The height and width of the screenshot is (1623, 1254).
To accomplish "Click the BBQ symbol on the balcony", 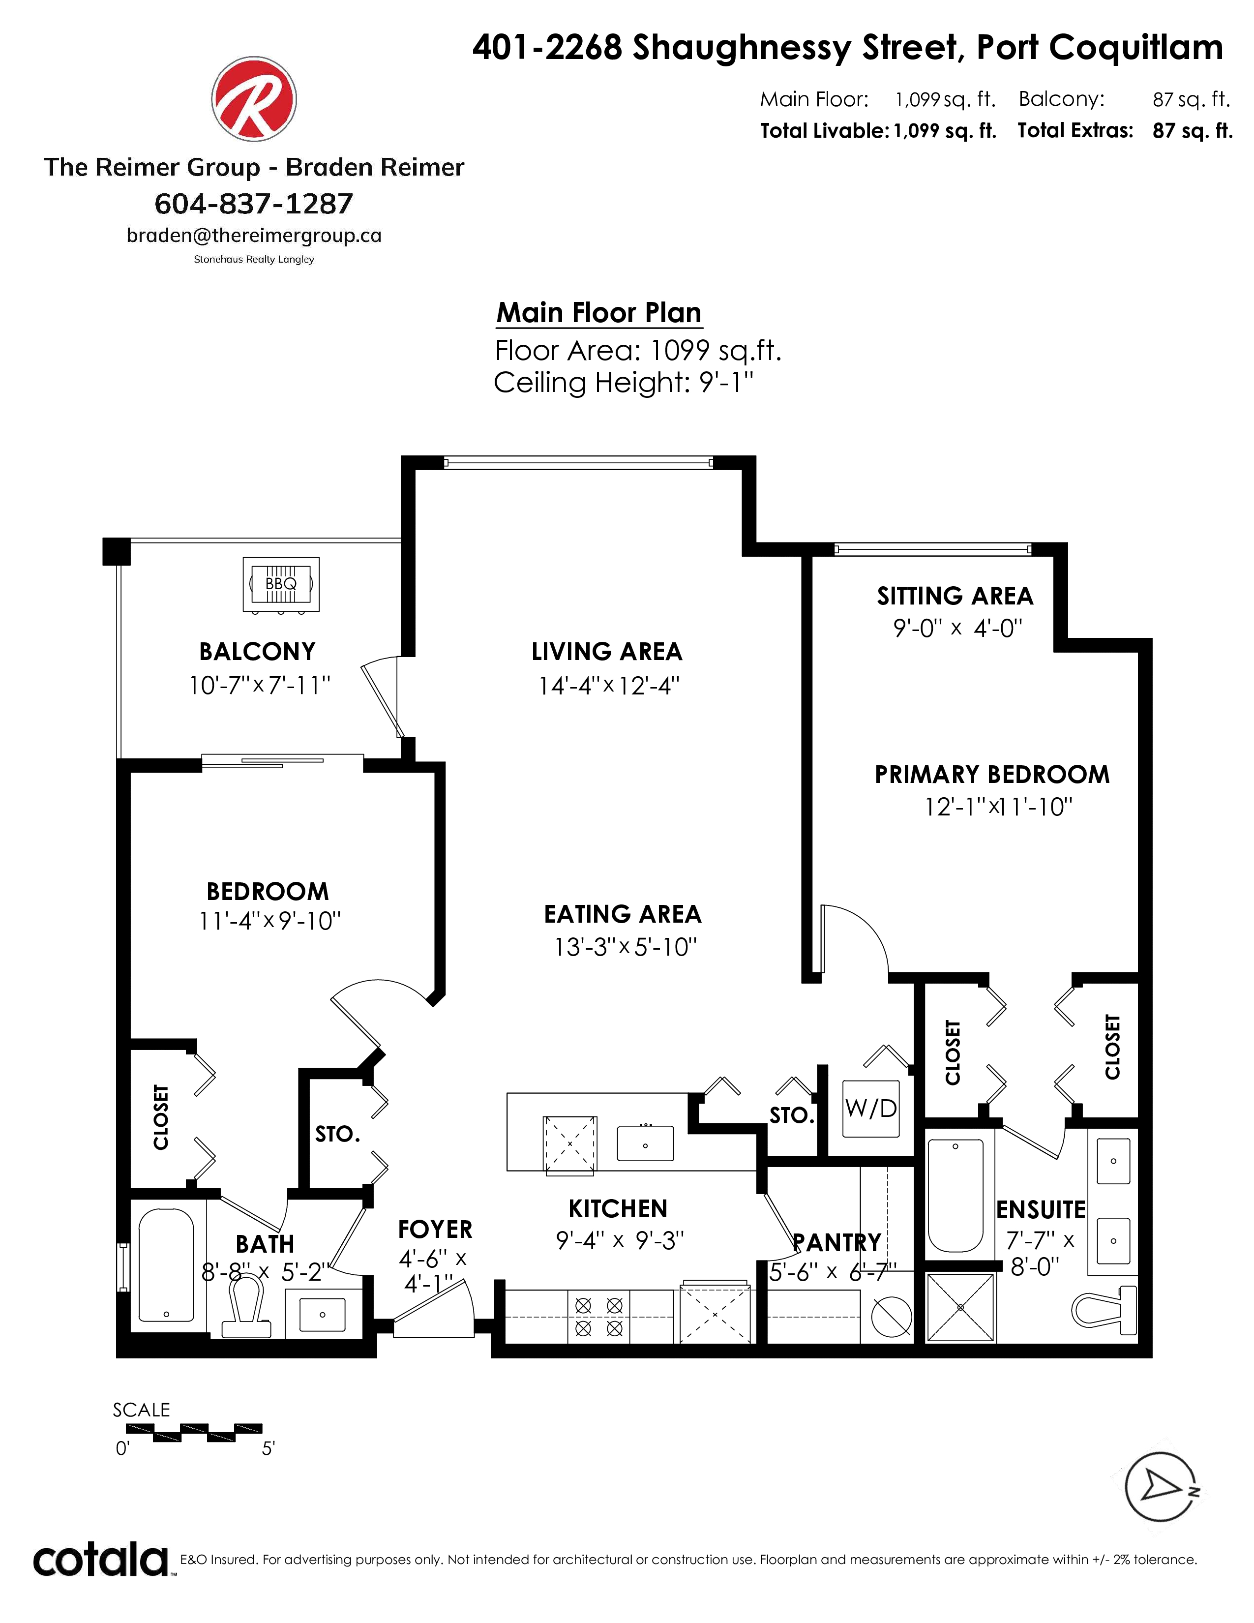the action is [x=281, y=584].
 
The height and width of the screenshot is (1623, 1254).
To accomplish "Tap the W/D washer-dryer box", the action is [x=870, y=1108].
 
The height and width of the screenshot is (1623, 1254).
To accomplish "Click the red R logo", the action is [x=254, y=99].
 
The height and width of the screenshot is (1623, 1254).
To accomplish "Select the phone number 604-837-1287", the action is [x=254, y=203].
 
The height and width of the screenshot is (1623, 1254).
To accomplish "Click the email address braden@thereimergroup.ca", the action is [x=254, y=236].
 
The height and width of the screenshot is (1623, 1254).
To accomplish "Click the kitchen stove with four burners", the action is [x=599, y=1316].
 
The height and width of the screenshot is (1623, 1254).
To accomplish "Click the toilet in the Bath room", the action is [x=247, y=1308].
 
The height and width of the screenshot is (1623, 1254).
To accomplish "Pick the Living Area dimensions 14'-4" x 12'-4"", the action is [x=609, y=685].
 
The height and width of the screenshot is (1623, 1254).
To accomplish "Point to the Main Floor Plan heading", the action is [x=599, y=313].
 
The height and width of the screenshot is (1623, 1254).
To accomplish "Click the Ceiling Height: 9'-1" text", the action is [x=624, y=383].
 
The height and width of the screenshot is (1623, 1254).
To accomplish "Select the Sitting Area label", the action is [x=955, y=596].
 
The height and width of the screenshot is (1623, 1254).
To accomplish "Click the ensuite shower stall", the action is [x=960, y=1307].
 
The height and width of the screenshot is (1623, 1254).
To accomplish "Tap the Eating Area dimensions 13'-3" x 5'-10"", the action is [x=626, y=947].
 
